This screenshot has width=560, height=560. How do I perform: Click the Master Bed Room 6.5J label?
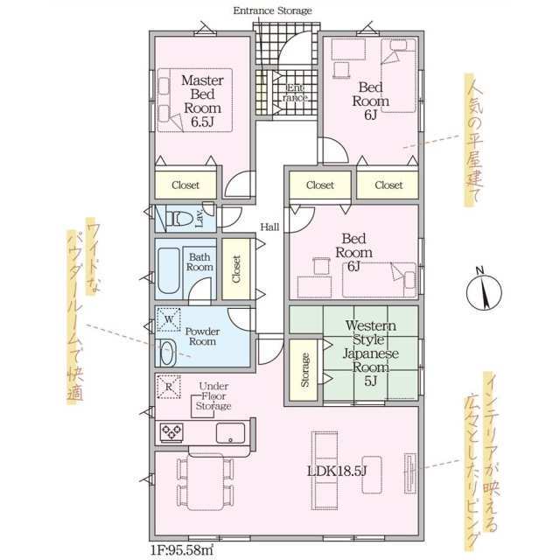tap(202, 101)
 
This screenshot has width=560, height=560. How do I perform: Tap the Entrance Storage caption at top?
tap(272, 10)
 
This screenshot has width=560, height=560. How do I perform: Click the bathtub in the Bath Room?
tap(169, 270)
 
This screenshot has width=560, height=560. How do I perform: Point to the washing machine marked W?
tap(169, 319)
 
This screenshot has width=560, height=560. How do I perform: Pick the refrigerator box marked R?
tap(169, 387)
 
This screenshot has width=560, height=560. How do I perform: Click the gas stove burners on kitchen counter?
tap(171, 432)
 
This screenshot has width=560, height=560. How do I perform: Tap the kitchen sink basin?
tap(231, 433)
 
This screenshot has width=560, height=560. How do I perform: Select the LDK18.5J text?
tap(337, 472)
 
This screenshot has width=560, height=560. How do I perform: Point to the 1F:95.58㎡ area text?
tap(181, 549)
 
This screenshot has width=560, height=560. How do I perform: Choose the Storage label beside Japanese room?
tap(305, 369)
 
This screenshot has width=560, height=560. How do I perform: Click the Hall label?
tap(269, 227)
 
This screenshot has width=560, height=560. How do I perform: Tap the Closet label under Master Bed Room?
tap(185, 185)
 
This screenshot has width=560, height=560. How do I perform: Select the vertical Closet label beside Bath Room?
tap(236, 269)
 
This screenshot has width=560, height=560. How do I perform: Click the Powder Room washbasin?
tap(166, 353)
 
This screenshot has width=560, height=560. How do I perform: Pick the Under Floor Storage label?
tap(213, 396)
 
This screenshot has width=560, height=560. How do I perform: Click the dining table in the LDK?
tap(206, 481)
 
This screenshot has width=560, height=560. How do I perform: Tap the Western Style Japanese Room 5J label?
tap(371, 353)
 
